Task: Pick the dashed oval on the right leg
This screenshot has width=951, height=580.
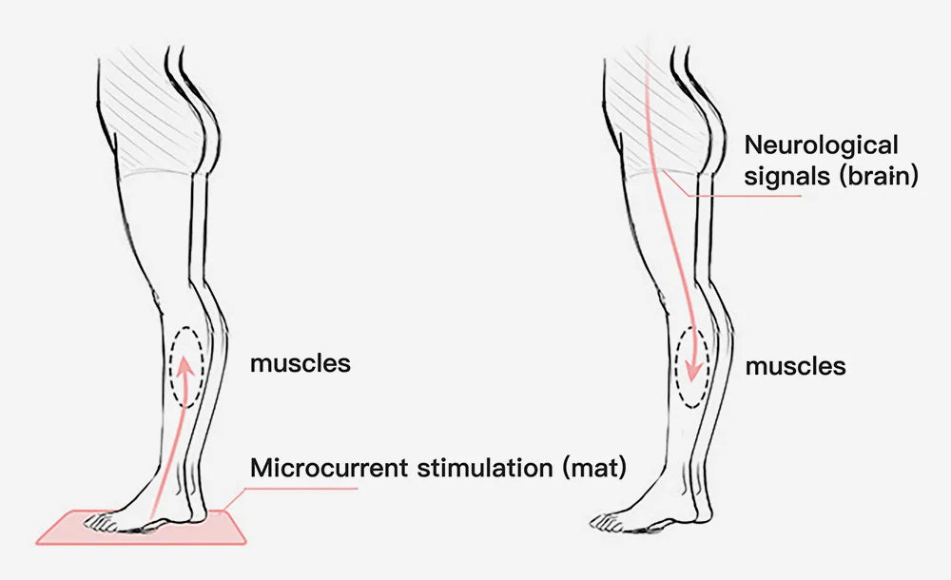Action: pyautogui.click(x=691, y=367)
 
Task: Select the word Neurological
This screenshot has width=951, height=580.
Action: pyautogui.click(x=821, y=146)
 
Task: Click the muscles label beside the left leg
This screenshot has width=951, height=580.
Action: pyautogui.click(x=300, y=363)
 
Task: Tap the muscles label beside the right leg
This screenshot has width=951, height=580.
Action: pyautogui.click(x=795, y=366)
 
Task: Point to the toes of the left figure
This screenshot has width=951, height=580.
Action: pyautogui.click(x=96, y=521)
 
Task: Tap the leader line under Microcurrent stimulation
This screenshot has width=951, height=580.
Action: pyautogui.click(x=304, y=489)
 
